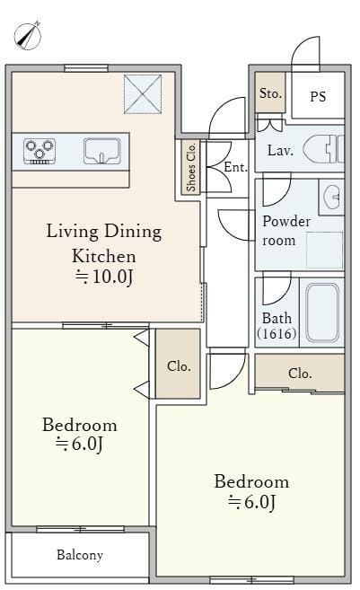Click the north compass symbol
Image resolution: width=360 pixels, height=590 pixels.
(x=28, y=36)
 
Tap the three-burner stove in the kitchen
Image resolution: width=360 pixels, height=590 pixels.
(x=40, y=151)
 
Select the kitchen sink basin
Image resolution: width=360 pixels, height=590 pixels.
(x=102, y=151)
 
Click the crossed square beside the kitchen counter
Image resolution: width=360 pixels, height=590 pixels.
(x=143, y=94)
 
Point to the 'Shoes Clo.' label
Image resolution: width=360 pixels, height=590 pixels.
(x=191, y=167)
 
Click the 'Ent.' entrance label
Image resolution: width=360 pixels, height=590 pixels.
(x=236, y=167)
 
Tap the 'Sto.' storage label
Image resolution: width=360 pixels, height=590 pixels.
(x=270, y=92)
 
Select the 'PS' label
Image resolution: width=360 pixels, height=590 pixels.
(x=318, y=97)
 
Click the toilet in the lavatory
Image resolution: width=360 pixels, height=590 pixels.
(x=323, y=149)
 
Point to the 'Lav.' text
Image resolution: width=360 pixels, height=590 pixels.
(x=280, y=151)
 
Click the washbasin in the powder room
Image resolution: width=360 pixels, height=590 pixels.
(x=332, y=197)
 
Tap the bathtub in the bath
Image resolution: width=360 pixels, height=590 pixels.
(x=322, y=313)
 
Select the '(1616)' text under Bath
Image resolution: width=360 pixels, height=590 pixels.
(x=277, y=333)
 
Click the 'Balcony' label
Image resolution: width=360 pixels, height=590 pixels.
(x=80, y=555)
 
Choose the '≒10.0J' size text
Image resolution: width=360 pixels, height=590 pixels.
(x=104, y=277)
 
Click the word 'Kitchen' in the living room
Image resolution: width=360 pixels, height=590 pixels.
(x=104, y=256)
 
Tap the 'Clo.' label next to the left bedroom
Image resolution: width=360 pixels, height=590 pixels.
(x=179, y=365)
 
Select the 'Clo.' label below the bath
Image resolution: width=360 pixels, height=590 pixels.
(x=300, y=374)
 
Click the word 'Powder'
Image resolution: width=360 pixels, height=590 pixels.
(x=286, y=221)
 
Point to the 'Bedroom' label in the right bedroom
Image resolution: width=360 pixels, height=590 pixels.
(x=251, y=481)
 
